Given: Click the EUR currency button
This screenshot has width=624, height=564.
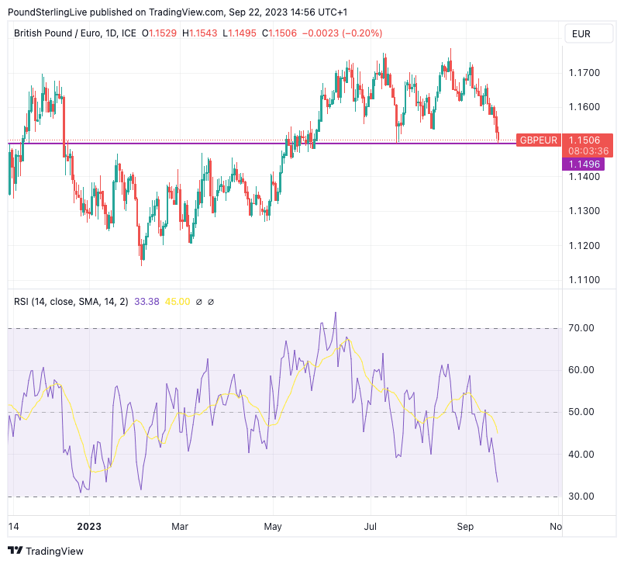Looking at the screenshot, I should [x=581, y=33].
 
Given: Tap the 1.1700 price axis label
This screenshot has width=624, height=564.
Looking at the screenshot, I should [x=583, y=73].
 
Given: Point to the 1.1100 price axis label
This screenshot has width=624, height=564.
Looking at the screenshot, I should [x=583, y=279].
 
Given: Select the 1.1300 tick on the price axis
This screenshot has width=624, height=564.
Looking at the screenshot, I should [x=583, y=211].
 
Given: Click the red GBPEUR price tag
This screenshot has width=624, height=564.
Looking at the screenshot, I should [x=539, y=140].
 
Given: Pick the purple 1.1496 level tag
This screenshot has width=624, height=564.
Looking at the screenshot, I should [x=582, y=164].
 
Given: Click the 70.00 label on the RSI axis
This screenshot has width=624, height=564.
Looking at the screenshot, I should [x=581, y=328].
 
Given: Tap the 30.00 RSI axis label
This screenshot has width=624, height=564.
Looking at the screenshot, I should [x=581, y=497].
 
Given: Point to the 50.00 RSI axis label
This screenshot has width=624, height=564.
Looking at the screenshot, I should [x=581, y=412].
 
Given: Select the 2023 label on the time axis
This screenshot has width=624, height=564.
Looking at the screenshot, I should [x=90, y=527].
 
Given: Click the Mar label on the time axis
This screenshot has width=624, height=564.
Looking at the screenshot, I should [x=180, y=527].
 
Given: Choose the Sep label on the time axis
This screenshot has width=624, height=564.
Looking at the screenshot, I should [x=466, y=527].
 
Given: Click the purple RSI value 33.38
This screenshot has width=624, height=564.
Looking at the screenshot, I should [x=146, y=302].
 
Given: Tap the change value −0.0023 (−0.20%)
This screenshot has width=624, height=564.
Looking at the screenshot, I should [x=340, y=33].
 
